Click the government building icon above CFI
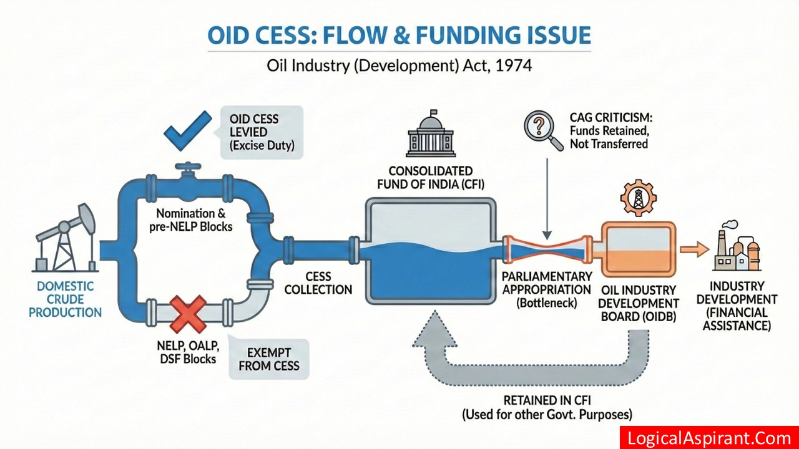coord(429,135)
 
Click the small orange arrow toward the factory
coord(690,250)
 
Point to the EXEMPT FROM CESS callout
coord(269,358)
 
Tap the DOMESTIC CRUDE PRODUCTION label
coord(65,299)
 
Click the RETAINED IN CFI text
coord(547,400)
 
